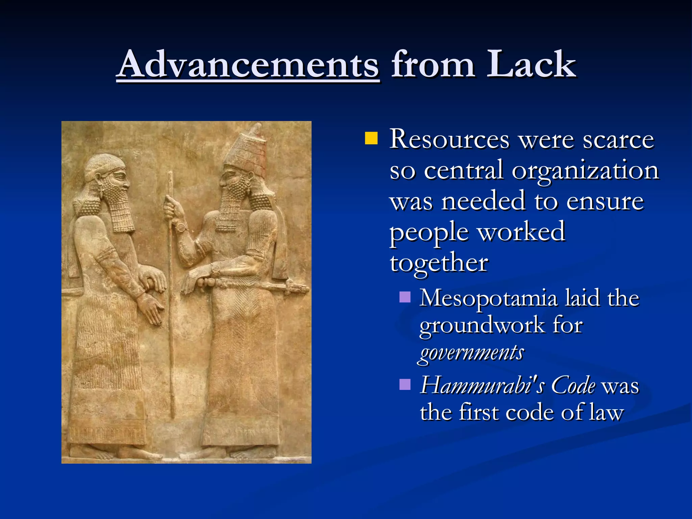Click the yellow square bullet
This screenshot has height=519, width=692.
pyautogui.click(x=371, y=138)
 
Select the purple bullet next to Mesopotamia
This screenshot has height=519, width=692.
pyautogui.click(x=404, y=297)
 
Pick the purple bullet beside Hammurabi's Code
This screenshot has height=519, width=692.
pyautogui.click(x=404, y=384)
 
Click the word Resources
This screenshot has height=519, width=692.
pyautogui.click(x=449, y=139)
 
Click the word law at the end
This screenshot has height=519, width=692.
pyautogui.click(x=606, y=413)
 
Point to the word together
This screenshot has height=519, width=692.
pyautogui.click(x=439, y=263)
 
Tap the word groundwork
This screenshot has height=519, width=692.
pyautogui.click(x=481, y=325)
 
